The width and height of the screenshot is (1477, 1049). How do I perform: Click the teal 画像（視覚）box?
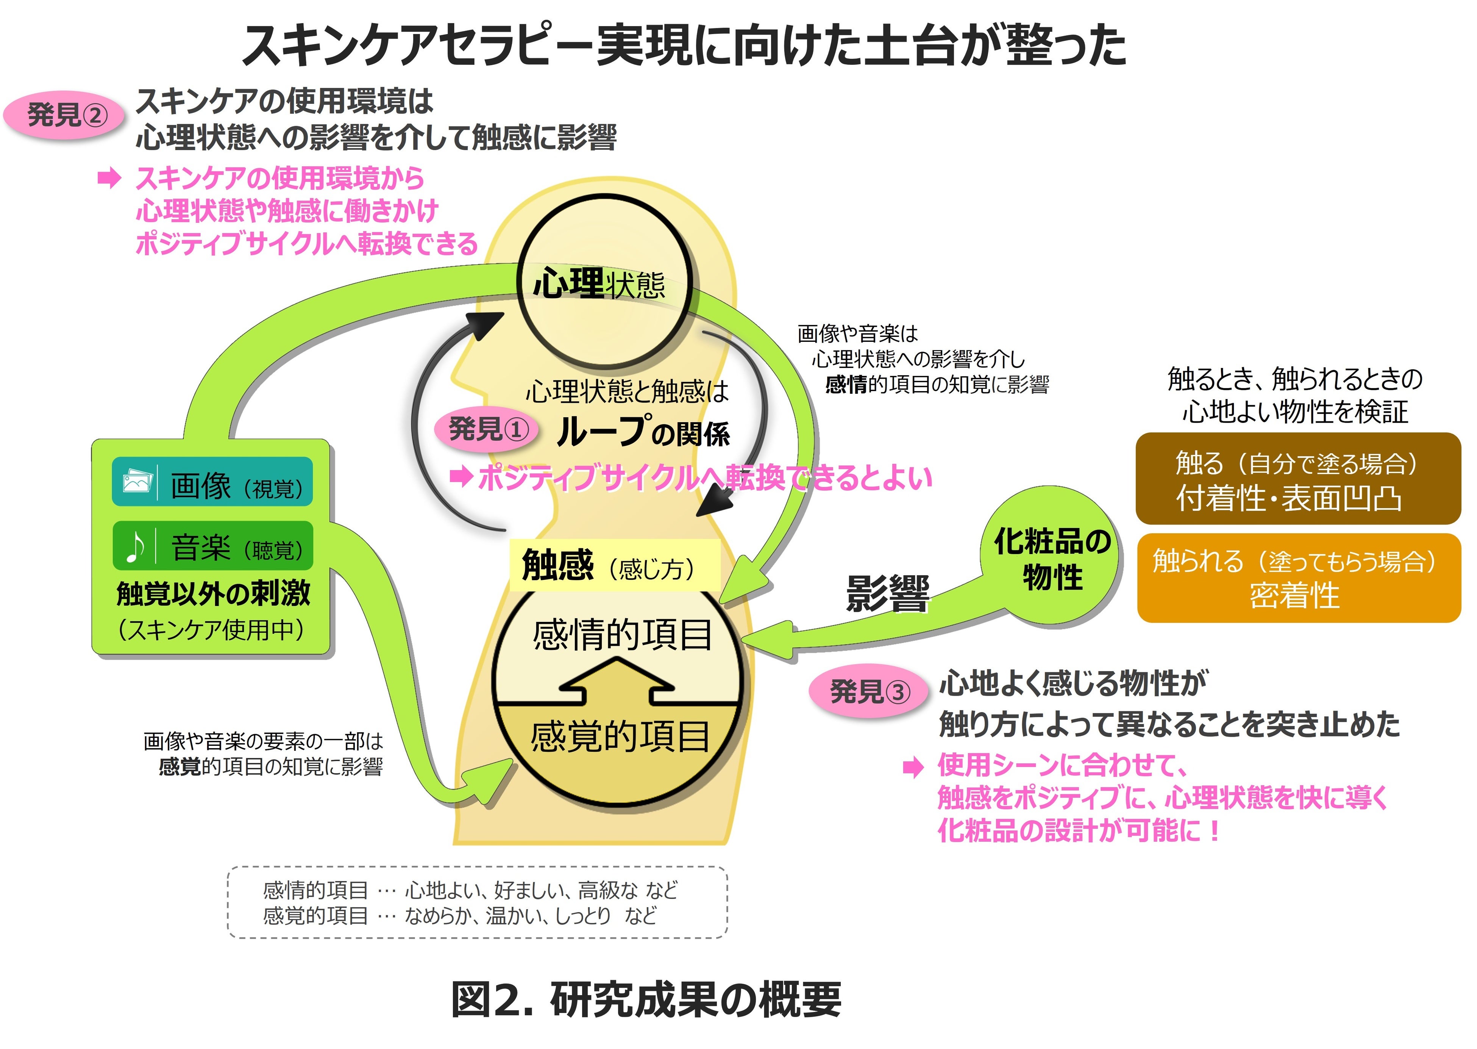(212, 482)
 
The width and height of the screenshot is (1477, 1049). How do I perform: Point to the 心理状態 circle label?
(599, 284)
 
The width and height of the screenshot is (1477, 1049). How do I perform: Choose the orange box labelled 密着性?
(1297, 578)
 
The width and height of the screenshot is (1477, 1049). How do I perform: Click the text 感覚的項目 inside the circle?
(620, 736)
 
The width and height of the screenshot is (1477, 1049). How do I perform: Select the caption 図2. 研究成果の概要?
(646, 999)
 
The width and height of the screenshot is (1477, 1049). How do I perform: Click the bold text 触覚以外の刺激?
(213, 593)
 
